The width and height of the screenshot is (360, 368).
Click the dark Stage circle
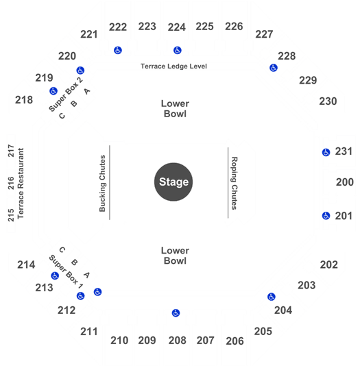point(173,182)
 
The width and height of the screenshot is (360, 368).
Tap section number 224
point(177,27)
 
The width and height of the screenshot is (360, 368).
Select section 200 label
point(345,182)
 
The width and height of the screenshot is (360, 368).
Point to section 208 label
point(178,341)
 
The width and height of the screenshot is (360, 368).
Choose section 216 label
point(11,183)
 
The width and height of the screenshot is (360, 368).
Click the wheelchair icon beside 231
point(326,152)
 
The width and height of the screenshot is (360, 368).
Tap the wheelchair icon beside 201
point(326,216)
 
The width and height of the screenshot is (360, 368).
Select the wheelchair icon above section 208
point(176,313)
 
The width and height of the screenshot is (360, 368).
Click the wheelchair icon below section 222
point(118,50)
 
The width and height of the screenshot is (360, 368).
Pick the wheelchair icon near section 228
point(274,68)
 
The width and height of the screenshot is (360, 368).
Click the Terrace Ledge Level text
point(173,66)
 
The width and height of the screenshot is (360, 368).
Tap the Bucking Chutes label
point(102,183)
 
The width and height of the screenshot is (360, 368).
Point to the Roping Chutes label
point(235,183)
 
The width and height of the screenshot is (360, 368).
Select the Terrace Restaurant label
point(21,183)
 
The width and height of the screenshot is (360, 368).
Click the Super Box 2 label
point(66,95)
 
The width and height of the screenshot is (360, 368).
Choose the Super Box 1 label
point(66,271)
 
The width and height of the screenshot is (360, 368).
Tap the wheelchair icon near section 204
point(272,297)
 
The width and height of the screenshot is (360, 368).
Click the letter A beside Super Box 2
point(87,91)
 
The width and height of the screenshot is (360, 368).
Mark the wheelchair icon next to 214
point(55,275)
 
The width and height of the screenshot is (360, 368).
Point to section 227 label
point(264,34)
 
